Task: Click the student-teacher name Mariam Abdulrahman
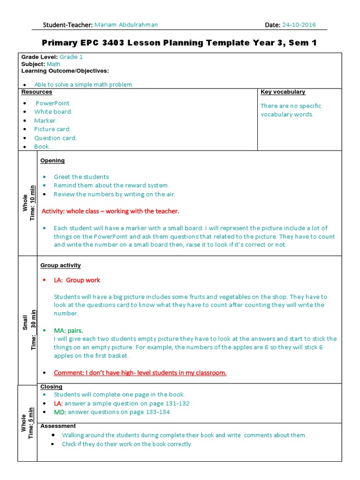(x=126, y=25)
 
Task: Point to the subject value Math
(x=54, y=64)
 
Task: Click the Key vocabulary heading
(x=283, y=92)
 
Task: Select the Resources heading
(x=37, y=92)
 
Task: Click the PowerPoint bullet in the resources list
(x=53, y=103)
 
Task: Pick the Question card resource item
(x=55, y=138)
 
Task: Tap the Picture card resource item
(x=52, y=129)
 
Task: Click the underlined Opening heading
(x=52, y=160)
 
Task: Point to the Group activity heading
(x=60, y=265)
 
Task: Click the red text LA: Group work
(x=77, y=280)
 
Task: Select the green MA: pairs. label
(x=68, y=330)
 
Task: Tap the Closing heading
(x=51, y=387)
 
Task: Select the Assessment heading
(x=58, y=426)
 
